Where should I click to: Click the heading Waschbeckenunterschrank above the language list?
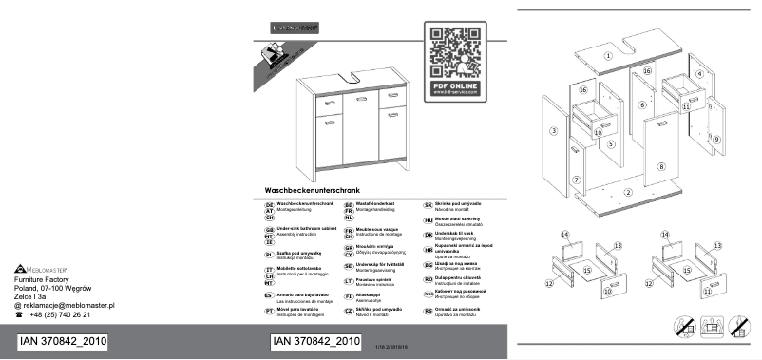pyautogui.click(x=311, y=191)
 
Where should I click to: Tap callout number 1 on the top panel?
pyautogui.click(x=606, y=56)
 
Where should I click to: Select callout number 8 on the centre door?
pyautogui.click(x=661, y=166)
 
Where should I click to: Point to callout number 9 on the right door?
pyautogui.click(x=715, y=139)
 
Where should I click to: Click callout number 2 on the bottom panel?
pyautogui.click(x=628, y=193)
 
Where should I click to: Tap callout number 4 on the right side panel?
pyautogui.click(x=699, y=73)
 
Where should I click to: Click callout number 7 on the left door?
pyautogui.click(x=577, y=180)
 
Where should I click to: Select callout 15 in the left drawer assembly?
pyautogui.click(x=587, y=271)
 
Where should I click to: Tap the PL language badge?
pyautogui.click(x=270, y=255)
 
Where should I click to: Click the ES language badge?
pyautogui.click(x=270, y=295)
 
